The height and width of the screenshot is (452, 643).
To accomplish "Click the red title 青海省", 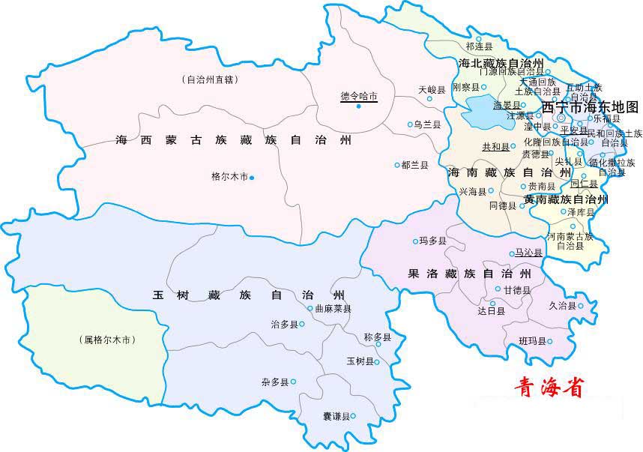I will tap(548, 386).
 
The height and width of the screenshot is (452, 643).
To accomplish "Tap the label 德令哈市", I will tap(358, 96).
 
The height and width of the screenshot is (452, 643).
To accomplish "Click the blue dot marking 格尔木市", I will tap(252, 178).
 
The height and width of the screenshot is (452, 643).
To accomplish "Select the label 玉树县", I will tap(358, 362).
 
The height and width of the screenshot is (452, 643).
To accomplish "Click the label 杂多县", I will tap(274, 382).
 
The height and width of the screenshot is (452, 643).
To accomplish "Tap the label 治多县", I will tap(283, 325).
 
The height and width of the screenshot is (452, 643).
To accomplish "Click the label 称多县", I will tap(377, 337).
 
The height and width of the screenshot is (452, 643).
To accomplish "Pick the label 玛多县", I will tap(433, 241).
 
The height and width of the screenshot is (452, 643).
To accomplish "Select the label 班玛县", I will tap(532, 342).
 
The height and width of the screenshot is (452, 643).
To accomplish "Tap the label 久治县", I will tap(561, 306).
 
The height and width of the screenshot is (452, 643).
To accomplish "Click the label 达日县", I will tap(491, 310).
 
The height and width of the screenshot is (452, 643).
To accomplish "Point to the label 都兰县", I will tap(414, 165).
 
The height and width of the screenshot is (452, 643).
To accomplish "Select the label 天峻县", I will tap(432, 89).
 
